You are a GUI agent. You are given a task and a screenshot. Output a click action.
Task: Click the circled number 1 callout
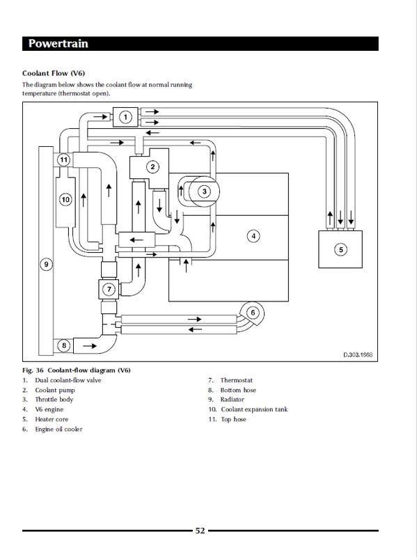coord(125,117)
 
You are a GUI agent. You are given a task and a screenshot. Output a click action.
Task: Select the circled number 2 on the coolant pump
coord(152,166)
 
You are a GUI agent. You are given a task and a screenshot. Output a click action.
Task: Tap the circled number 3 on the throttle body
coord(204,191)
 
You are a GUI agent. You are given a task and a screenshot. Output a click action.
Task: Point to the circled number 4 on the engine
coord(253,236)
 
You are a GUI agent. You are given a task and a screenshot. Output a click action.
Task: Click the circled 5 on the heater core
coord(341,249)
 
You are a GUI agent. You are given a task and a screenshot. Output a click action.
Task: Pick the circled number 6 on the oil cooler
coord(253,313)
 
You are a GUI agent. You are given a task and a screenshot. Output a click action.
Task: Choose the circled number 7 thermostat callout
coord(109,289)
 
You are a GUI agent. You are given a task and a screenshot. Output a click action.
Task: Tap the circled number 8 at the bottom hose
coord(64,345)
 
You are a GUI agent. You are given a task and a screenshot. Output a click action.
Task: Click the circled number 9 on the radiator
coord(46,265)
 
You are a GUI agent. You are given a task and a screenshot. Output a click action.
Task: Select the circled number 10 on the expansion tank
coord(65,200)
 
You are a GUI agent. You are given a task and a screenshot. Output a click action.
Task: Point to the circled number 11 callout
coord(63,159)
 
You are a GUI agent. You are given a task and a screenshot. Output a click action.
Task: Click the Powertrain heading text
coord(58,43)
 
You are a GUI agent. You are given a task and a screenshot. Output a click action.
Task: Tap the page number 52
coord(200,531)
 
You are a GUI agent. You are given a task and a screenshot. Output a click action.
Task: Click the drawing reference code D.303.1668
coord(358,354)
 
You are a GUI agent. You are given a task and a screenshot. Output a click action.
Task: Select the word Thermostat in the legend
coord(236,380)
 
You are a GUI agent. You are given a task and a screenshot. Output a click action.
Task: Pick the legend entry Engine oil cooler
coord(58,429)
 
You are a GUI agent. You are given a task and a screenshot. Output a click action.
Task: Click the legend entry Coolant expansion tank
coord(254,409)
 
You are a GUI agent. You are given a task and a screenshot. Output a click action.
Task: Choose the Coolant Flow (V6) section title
coord(54,73)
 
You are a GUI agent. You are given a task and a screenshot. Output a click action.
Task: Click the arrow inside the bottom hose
coord(90,345)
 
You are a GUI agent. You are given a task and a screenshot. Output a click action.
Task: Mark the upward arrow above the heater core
coord(330,218)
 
